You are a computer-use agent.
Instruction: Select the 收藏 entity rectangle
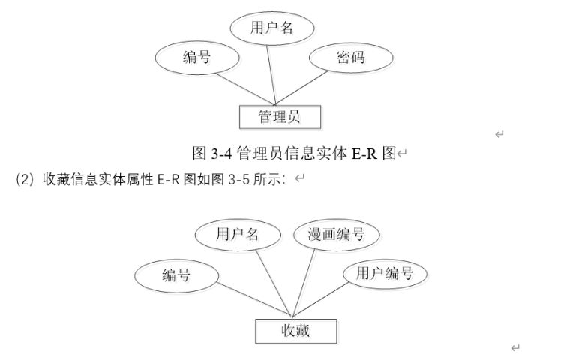pyautogui.click(x=295, y=330)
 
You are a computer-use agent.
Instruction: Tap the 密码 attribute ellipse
pyautogui.click(x=350, y=58)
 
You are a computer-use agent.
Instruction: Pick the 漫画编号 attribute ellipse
pyautogui.click(x=336, y=235)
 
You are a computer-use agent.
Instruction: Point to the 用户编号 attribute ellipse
pyautogui.click(x=384, y=274)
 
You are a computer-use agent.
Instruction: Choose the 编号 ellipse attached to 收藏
pyautogui.click(x=177, y=275)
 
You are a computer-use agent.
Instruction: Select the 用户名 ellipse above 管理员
pyautogui.click(x=271, y=29)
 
